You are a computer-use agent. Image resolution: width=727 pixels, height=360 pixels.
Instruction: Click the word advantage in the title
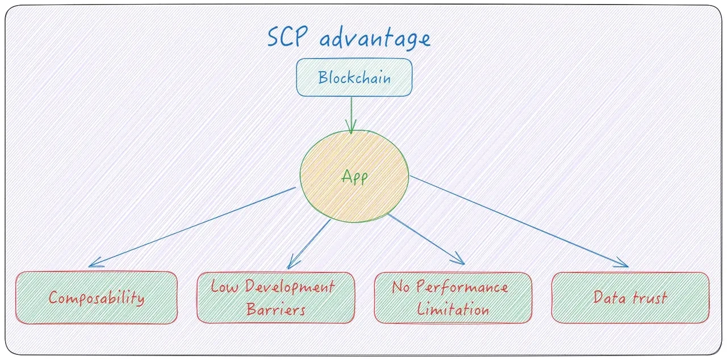pyautogui.click(x=375, y=39)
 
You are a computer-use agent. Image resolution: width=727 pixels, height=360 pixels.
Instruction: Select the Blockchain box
pyautogui.click(x=354, y=77)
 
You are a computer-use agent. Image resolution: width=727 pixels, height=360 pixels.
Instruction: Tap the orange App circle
pyautogui.click(x=354, y=177)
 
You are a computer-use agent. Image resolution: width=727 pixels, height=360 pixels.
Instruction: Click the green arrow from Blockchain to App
pyautogui.click(x=352, y=114)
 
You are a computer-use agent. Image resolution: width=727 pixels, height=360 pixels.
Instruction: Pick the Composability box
pyautogui.click(x=97, y=298)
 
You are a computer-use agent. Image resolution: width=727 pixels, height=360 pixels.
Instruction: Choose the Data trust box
pyautogui.click(x=630, y=298)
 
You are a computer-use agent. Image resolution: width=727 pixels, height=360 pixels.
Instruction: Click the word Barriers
pyautogui.click(x=276, y=310)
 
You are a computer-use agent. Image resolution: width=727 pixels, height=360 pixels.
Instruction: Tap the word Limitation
pyautogui.click(x=453, y=310)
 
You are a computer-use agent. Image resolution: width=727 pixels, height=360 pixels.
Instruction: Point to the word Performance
pyautogui.click(x=462, y=287)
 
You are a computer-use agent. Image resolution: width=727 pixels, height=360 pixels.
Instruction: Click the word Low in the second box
pyautogui.click(x=223, y=286)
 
